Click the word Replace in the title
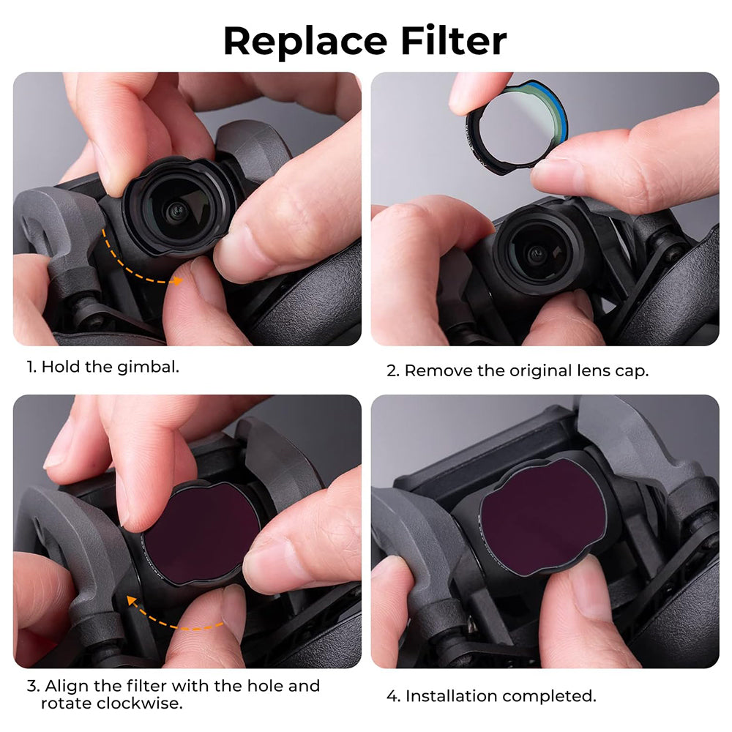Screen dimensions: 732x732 [x=305, y=42]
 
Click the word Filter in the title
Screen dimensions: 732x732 [x=453, y=40]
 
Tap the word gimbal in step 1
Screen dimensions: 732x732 [x=148, y=367]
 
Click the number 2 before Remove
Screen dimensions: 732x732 [x=392, y=371]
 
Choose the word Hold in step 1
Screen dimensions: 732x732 [x=60, y=367]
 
